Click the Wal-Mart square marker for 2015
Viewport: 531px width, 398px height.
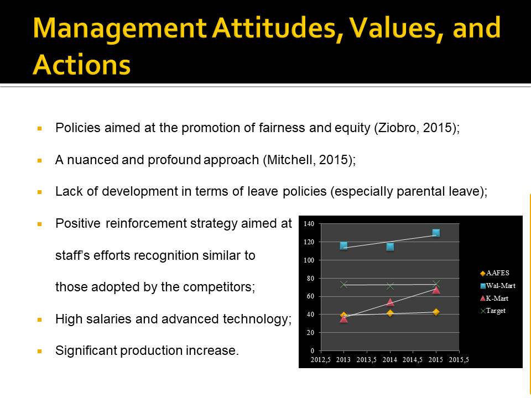coord(436,233)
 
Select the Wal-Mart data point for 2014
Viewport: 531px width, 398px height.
coord(390,247)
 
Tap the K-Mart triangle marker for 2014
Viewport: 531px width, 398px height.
coord(390,302)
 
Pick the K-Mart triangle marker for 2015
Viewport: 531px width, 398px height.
coord(436,290)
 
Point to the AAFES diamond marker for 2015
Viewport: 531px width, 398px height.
coord(436,312)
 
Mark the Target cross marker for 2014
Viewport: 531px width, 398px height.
coord(390,285)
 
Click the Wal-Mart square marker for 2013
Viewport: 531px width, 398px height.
coord(343,245)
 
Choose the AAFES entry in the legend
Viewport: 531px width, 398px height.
coord(497,273)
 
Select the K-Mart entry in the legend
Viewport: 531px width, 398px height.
coord(497,298)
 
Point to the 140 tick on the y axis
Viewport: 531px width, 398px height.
coord(309,224)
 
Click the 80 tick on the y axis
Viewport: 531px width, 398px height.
coord(310,278)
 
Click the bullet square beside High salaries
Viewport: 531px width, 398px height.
coord(40,319)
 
